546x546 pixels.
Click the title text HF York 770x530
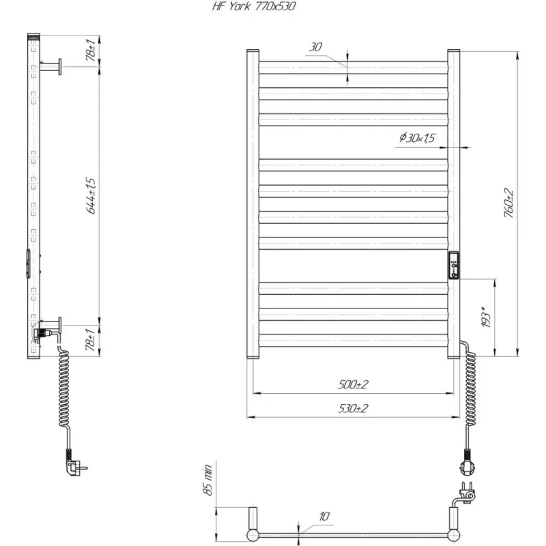pyautogui.click(x=254, y=6)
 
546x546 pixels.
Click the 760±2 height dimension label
pyautogui.click(x=508, y=203)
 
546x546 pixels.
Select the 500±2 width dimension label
pyautogui.click(x=353, y=384)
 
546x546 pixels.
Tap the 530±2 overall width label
pyautogui.click(x=353, y=408)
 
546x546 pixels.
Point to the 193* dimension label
pyautogui.click(x=486, y=316)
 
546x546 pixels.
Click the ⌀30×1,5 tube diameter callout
pyautogui.click(x=417, y=138)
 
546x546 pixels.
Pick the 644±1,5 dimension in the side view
pyautogui.click(x=91, y=196)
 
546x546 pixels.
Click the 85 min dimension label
pyautogui.click(x=207, y=480)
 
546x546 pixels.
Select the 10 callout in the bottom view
pyautogui.click(x=324, y=516)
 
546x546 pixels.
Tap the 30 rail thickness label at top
pyautogui.click(x=315, y=46)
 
